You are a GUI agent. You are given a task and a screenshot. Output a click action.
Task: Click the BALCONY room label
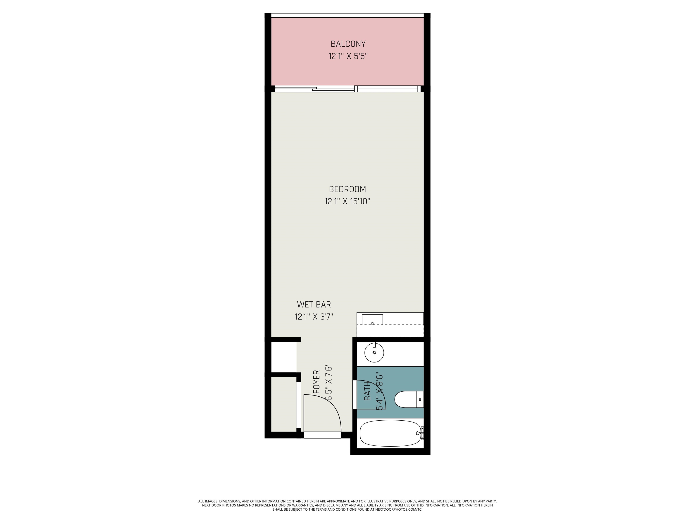click(x=348, y=44)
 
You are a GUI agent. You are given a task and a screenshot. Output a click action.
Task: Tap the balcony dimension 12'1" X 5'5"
click(x=348, y=57)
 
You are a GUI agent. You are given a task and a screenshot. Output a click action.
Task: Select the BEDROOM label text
click(x=347, y=189)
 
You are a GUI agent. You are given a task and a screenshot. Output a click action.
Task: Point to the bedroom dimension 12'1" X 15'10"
click(x=347, y=201)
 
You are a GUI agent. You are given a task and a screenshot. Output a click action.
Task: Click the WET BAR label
click(x=314, y=304)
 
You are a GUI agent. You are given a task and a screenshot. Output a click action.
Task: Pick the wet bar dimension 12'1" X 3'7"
click(x=314, y=317)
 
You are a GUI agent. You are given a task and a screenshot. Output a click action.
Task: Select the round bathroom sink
click(x=374, y=352)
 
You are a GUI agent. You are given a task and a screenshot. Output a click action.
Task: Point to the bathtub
click(x=390, y=434)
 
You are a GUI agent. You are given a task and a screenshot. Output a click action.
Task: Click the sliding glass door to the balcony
click(x=347, y=89)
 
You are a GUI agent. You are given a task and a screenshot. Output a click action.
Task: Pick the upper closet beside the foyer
click(x=283, y=357)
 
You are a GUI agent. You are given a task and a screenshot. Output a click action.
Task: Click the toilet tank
click(x=420, y=399)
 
